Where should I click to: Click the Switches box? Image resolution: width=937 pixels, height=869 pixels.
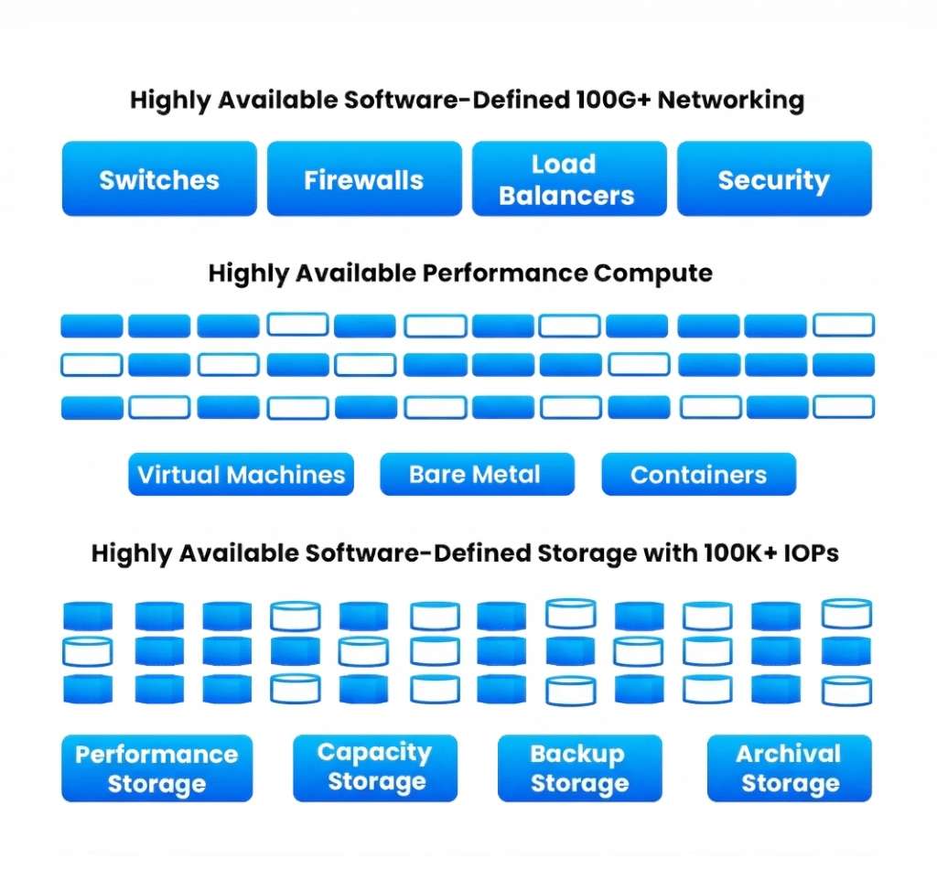pos(159,179)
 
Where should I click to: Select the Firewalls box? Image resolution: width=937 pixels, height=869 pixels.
pos(364,179)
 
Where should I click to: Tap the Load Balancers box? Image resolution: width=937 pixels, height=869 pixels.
pos(568,179)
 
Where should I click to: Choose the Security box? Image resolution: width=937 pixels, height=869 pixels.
pos(773,179)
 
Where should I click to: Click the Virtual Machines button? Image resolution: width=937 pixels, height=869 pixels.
pos(241,475)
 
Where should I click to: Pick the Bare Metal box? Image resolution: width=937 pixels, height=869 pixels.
pos(476,475)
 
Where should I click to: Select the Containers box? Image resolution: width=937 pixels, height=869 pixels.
pos(698,475)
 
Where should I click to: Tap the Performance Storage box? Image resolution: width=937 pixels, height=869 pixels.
pos(156,768)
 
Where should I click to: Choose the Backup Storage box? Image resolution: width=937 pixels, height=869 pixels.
pos(579,768)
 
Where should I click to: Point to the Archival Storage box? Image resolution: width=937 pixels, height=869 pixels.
pos(790,768)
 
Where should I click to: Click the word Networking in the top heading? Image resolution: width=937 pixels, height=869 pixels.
pos(731,100)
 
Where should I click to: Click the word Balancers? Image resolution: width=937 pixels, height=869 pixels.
pos(566,195)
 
